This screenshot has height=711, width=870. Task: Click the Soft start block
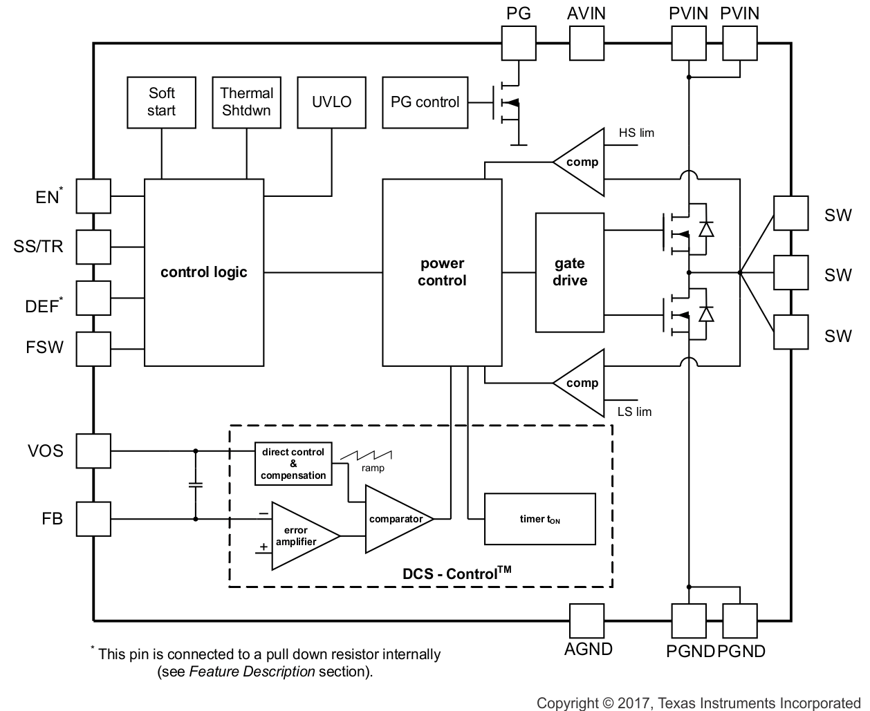[161, 102]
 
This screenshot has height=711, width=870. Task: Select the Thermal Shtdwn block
[246, 102]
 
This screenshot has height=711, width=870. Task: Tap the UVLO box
[331, 102]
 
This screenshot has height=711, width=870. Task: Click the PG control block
[425, 102]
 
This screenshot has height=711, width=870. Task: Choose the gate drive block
[570, 272]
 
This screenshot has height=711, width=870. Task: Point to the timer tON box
[539, 519]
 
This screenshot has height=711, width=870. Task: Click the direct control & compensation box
[293, 464]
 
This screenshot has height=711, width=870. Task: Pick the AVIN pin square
[586, 43]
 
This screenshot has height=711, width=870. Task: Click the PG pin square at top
[518, 43]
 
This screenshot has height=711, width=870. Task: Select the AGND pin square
[586, 620]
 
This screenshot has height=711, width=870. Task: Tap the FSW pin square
[93, 348]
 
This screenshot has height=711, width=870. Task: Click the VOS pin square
[93, 451]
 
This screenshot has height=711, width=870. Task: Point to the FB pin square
[93, 518]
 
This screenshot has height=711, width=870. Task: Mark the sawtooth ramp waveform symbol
[373, 455]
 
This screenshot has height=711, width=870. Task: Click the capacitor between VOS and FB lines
[195, 484]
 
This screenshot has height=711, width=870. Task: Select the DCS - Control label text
[456, 573]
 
